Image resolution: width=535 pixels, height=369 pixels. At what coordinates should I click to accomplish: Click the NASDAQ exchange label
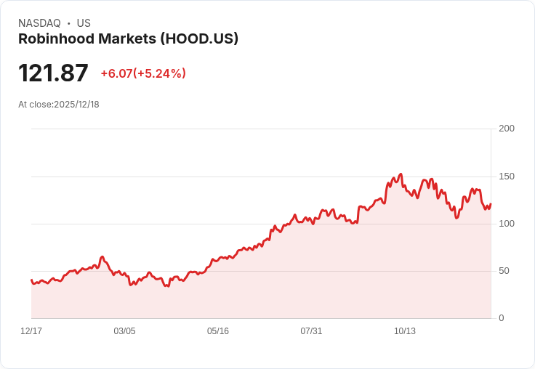coord(39,23)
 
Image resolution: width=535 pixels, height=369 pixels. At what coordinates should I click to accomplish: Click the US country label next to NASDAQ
coord(84,23)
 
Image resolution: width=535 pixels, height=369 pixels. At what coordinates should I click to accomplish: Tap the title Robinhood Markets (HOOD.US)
coord(128,39)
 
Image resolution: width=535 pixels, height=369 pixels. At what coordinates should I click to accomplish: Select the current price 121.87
coord(53,73)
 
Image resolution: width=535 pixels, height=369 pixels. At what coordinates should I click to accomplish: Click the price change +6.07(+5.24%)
coord(143,73)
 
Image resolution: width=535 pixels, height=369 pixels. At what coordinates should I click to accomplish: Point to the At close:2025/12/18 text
coord(59,105)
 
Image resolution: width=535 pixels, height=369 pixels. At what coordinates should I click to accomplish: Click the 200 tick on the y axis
coord(507,129)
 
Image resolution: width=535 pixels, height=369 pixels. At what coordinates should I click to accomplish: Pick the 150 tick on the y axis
coord(507,177)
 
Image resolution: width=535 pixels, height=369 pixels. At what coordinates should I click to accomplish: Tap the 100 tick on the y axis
coord(507,224)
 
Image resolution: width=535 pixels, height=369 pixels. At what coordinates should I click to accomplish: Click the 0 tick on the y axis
coord(502,318)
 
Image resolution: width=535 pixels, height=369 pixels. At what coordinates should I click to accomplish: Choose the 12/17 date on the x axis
coord(31,331)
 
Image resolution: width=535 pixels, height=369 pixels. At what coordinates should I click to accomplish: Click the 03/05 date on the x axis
coord(124,331)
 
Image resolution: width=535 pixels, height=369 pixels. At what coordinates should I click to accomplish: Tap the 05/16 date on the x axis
coord(218,331)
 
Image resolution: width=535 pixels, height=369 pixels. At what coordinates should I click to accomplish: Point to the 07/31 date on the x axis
coord(311,331)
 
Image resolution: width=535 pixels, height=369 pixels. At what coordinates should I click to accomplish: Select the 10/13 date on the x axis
coord(405,331)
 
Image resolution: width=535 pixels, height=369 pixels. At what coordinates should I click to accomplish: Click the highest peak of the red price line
coord(401,174)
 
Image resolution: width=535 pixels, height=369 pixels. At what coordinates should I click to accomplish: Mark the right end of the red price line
coord(491,204)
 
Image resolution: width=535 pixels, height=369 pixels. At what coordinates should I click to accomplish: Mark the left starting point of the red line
coord(31,280)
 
